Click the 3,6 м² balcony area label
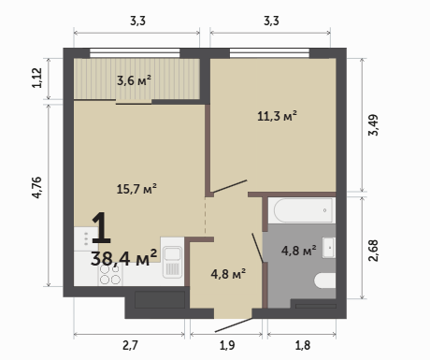click(134, 80)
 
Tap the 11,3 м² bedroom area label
click(277, 116)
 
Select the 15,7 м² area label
click(136, 189)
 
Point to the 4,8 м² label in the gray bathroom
click(299, 251)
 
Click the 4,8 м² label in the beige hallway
click(228, 274)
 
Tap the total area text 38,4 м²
click(123, 258)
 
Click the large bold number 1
click(102, 227)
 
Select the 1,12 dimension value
click(36, 78)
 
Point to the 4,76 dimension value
click(36, 188)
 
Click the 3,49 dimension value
click(373, 125)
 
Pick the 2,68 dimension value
click(373, 251)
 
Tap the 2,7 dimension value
click(130, 345)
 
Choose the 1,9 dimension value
click(227, 345)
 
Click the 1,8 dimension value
click(303, 345)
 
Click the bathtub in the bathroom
click(302, 210)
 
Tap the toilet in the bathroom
click(324, 281)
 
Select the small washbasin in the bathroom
click(329, 248)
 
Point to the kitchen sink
click(172, 262)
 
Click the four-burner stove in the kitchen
click(110, 275)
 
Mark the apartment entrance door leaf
click(234, 325)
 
